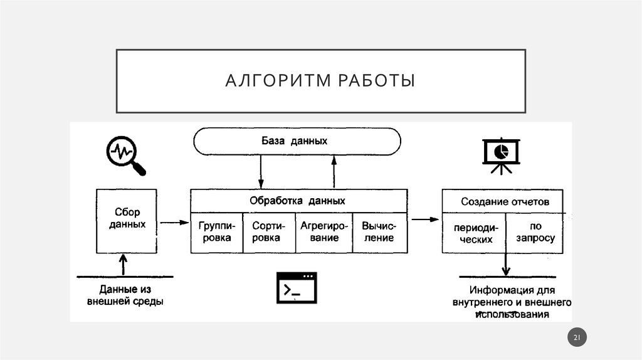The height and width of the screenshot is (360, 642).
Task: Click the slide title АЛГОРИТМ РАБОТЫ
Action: tap(320, 82)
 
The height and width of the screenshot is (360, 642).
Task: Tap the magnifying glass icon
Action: tap(124, 154)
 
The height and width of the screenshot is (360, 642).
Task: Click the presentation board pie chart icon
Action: tap(500, 154)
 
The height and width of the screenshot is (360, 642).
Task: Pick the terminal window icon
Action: tap(297, 289)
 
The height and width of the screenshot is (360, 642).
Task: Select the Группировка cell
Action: tap(215, 232)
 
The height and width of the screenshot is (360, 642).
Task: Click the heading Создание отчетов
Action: tap(505, 202)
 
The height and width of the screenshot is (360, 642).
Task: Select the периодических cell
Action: tap(473, 233)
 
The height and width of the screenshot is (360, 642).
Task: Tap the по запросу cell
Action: tap(535, 233)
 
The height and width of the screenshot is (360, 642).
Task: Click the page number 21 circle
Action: tap(577, 339)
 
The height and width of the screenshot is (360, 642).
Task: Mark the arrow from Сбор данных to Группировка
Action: tap(174, 222)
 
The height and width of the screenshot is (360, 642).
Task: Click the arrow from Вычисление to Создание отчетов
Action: tap(424, 219)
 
